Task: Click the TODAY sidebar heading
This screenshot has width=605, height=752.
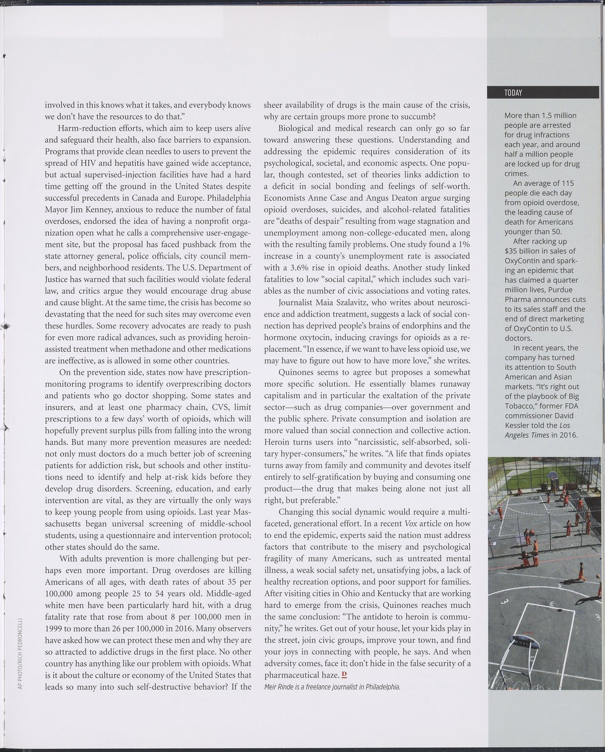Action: pos(513,93)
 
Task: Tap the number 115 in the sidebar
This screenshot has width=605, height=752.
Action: pos(567,183)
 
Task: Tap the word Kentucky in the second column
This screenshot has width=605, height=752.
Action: pos(377,594)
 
